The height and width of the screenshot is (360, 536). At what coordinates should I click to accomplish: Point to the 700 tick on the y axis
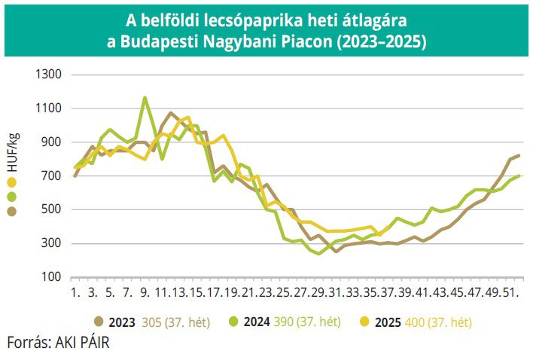49,175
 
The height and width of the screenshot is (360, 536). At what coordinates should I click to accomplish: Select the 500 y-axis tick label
49,209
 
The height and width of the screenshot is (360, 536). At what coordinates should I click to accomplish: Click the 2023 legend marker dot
99,322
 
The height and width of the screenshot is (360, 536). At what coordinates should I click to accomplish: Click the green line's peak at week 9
145,97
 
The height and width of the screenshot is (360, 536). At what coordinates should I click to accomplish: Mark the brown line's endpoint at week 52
519,155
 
